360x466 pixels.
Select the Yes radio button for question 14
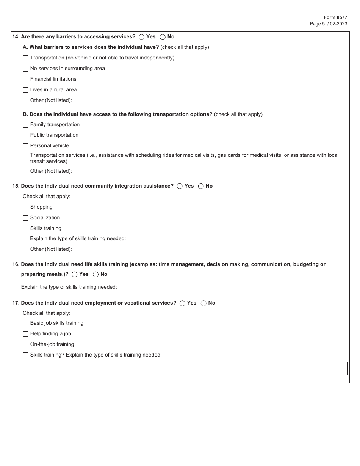click(142, 37)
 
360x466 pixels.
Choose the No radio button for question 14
click(163, 37)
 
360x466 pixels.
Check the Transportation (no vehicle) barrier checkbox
click(26, 58)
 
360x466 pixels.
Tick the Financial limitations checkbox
click(26, 80)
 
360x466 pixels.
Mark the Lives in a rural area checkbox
click(26, 90)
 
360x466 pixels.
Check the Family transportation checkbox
click(26, 125)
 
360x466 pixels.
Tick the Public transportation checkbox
click(26, 136)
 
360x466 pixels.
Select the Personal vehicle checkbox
click(26, 146)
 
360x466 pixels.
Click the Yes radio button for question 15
click(180, 186)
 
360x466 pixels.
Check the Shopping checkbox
click(26, 208)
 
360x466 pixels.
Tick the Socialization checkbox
click(26, 218)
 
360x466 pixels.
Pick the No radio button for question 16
click(96, 275)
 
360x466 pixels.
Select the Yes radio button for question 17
click(183, 303)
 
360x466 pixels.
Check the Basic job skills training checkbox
click(26, 324)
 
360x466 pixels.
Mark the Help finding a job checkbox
click(26, 334)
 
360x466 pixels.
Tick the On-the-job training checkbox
click(26, 345)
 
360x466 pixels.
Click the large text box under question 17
click(188, 369)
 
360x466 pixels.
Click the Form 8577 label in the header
click(335, 17)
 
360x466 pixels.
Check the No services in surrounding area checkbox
click(26, 69)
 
